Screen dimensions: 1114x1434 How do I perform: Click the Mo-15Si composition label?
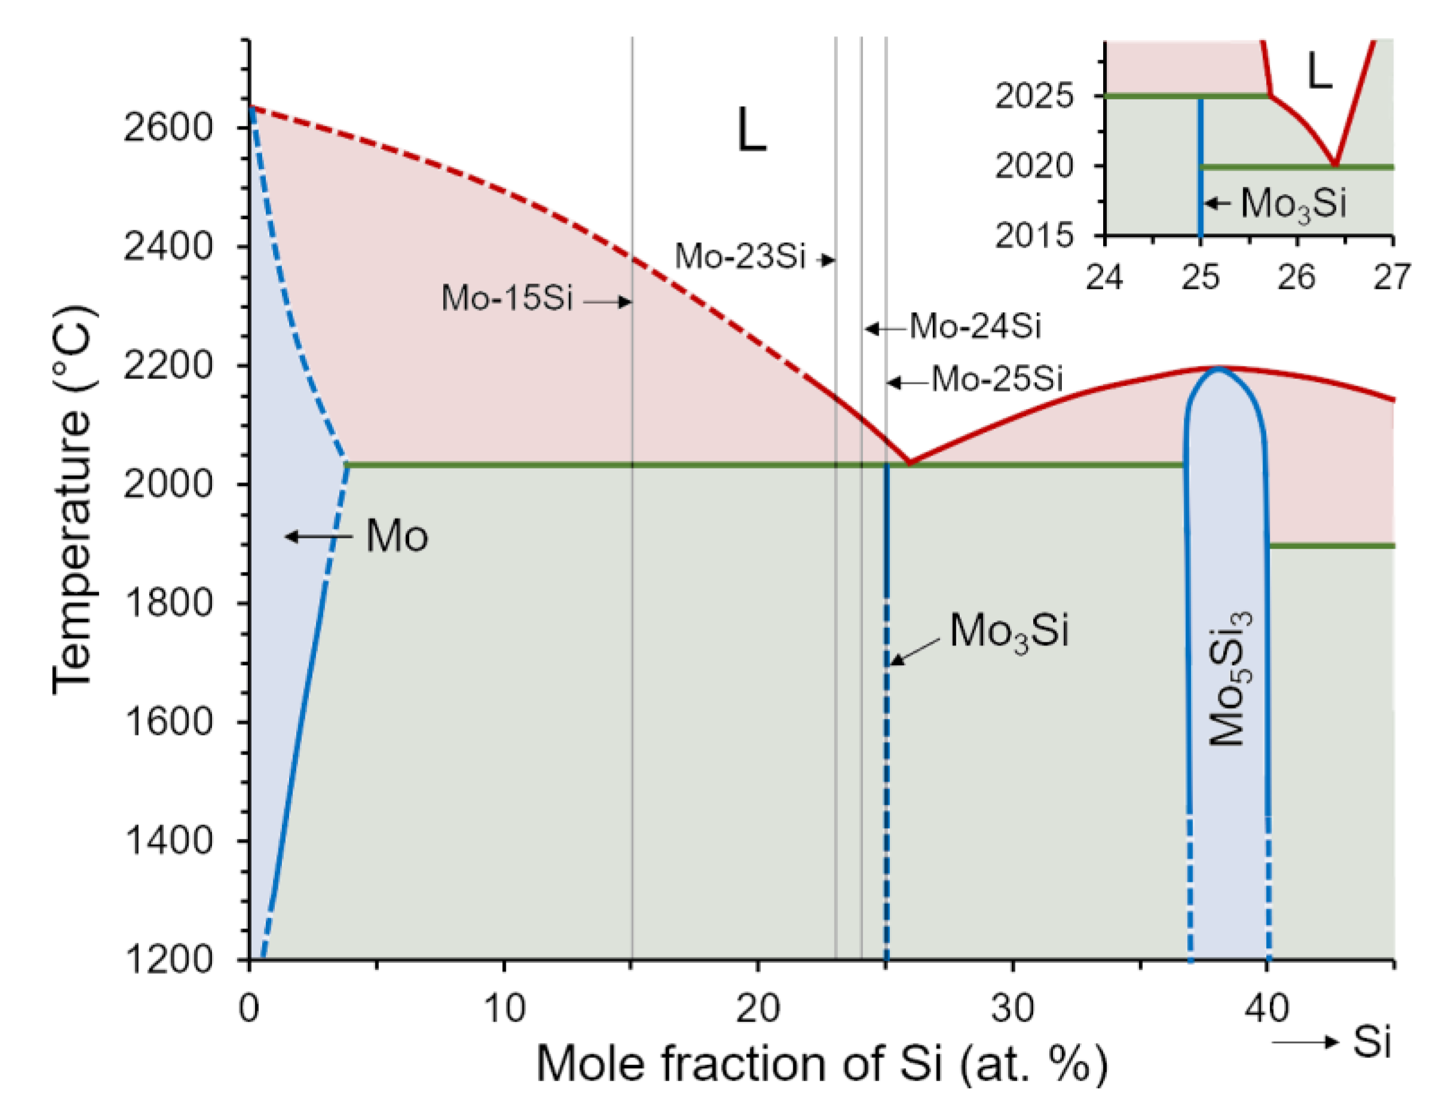click(507, 298)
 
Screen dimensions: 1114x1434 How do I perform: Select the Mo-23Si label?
click(740, 256)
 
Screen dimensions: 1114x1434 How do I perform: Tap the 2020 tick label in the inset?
click(1033, 166)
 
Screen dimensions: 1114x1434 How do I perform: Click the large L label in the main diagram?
click(751, 130)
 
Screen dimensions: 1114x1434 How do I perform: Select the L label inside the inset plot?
click(1320, 71)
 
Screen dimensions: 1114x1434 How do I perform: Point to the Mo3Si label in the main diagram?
click(1009, 632)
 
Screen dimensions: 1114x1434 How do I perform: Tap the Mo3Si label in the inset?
click(1293, 204)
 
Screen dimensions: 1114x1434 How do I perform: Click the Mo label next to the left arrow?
click(397, 536)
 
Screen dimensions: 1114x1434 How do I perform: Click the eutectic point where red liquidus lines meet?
click(909, 463)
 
